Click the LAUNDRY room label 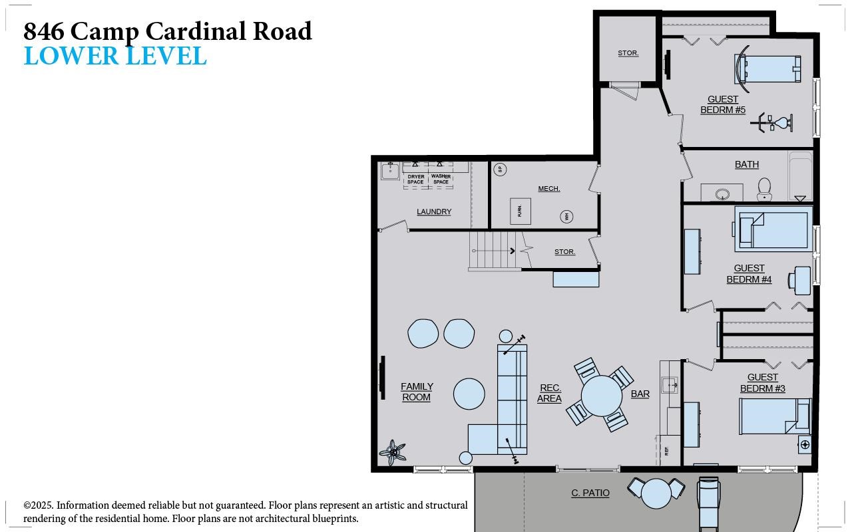[434, 211]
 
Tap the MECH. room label [549, 189]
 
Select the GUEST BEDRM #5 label [723, 105]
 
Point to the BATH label [747, 164]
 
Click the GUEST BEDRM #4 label [749, 274]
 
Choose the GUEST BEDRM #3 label [763, 383]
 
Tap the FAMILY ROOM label [417, 392]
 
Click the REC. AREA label [550, 393]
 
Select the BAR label [640, 394]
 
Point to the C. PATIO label [590, 493]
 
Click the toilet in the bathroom [764, 189]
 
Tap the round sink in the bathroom [723, 194]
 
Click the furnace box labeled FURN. [520, 211]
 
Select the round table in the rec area [601, 396]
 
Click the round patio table [656, 493]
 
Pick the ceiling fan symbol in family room [393, 453]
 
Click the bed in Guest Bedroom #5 [769, 69]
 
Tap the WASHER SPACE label [441, 179]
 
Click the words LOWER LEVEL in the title [115, 57]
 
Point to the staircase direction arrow [512, 251]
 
